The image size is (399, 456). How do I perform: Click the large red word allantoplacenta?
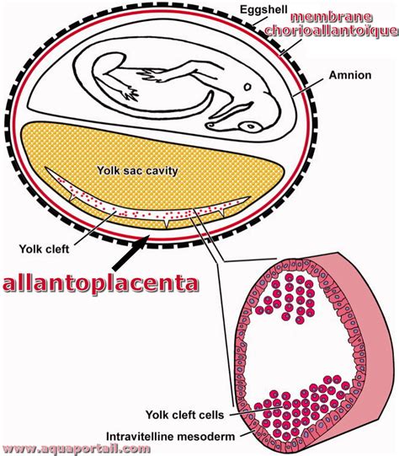click(100, 283)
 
